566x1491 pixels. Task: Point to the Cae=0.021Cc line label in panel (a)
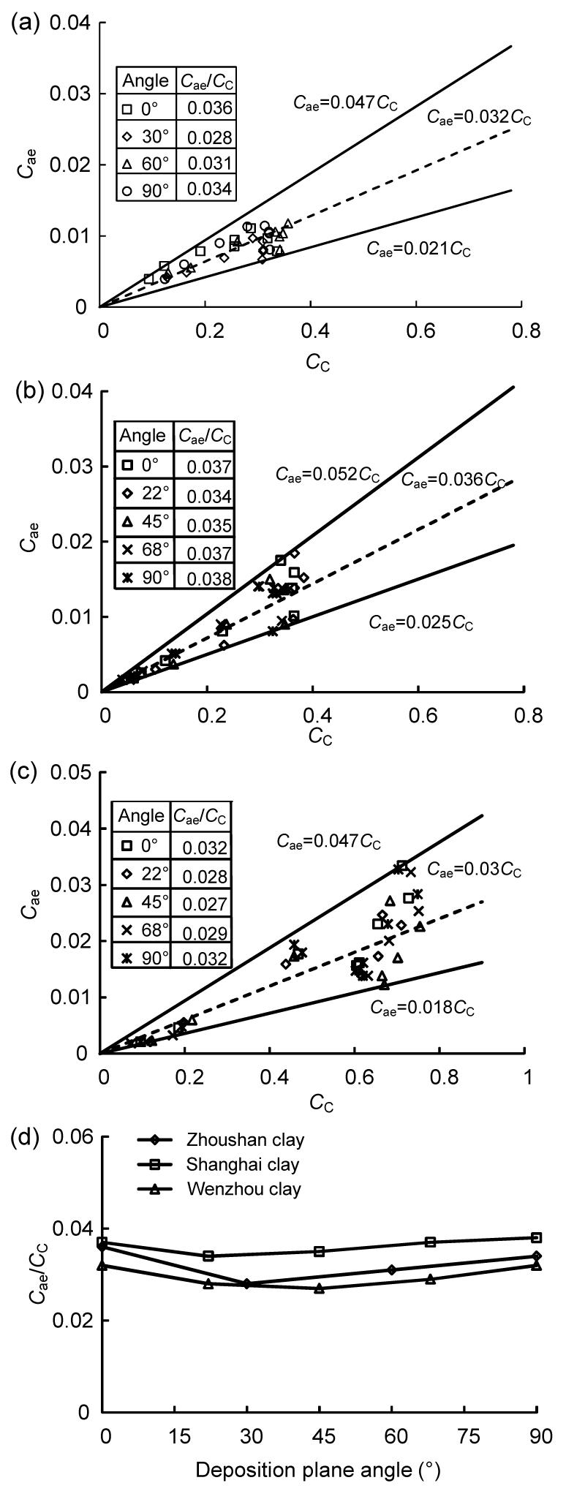pyautogui.click(x=419, y=249)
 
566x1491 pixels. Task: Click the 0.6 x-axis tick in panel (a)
pyautogui.click(x=419, y=331)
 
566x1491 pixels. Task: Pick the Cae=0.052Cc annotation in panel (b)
pyautogui.click(x=328, y=474)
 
